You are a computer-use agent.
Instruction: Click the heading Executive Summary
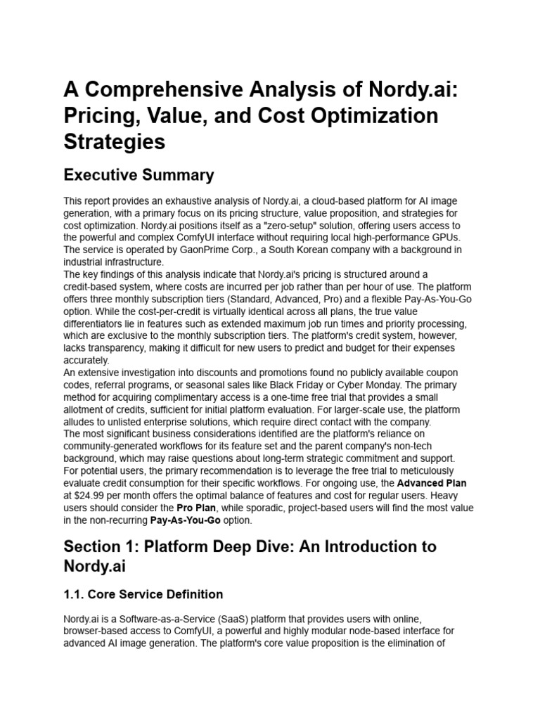tap(139, 174)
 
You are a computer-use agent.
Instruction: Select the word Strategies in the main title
tap(115, 141)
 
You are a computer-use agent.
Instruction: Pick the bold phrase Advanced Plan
tap(432, 484)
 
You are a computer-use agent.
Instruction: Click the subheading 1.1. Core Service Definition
tap(143, 594)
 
